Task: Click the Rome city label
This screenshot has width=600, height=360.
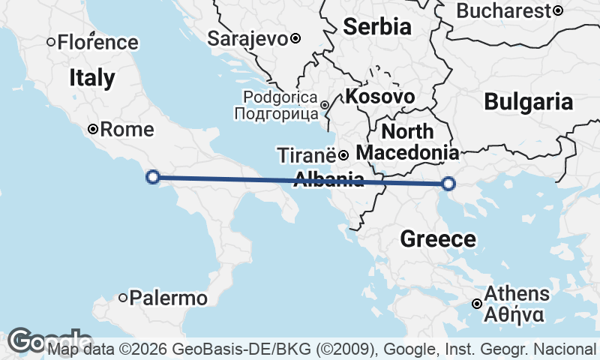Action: click(x=127, y=129)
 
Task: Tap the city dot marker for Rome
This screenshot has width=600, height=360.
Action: click(x=93, y=129)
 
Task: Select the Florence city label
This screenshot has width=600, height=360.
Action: click(x=97, y=42)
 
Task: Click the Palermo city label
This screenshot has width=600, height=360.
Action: click(x=168, y=298)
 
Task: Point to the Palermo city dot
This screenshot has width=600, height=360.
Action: click(x=123, y=298)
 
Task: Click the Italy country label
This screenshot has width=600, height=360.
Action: click(x=92, y=77)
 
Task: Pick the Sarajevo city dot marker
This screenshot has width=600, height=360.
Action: click(x=295, y=38)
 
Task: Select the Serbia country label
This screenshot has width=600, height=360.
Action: click(x=377, y=27)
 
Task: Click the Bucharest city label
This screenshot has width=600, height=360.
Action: click(x=503, y=10)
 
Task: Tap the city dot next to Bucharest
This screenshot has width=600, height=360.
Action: click(x=558, y=10)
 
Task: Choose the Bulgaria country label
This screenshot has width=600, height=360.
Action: click(x=528, y=101)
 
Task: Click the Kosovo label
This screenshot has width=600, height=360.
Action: click(x=379, y=96)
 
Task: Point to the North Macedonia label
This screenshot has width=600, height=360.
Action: click(x=407, y=142)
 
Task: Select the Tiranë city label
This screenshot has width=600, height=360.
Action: click(x=307, y=155)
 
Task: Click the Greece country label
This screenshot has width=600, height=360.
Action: click(x=438, y=239)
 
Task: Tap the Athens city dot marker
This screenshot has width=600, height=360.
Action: click(x=477, y=304)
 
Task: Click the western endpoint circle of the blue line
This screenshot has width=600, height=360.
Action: click(x=152, y=177)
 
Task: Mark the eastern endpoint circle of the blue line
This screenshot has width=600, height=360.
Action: click(x=448, y=184)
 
